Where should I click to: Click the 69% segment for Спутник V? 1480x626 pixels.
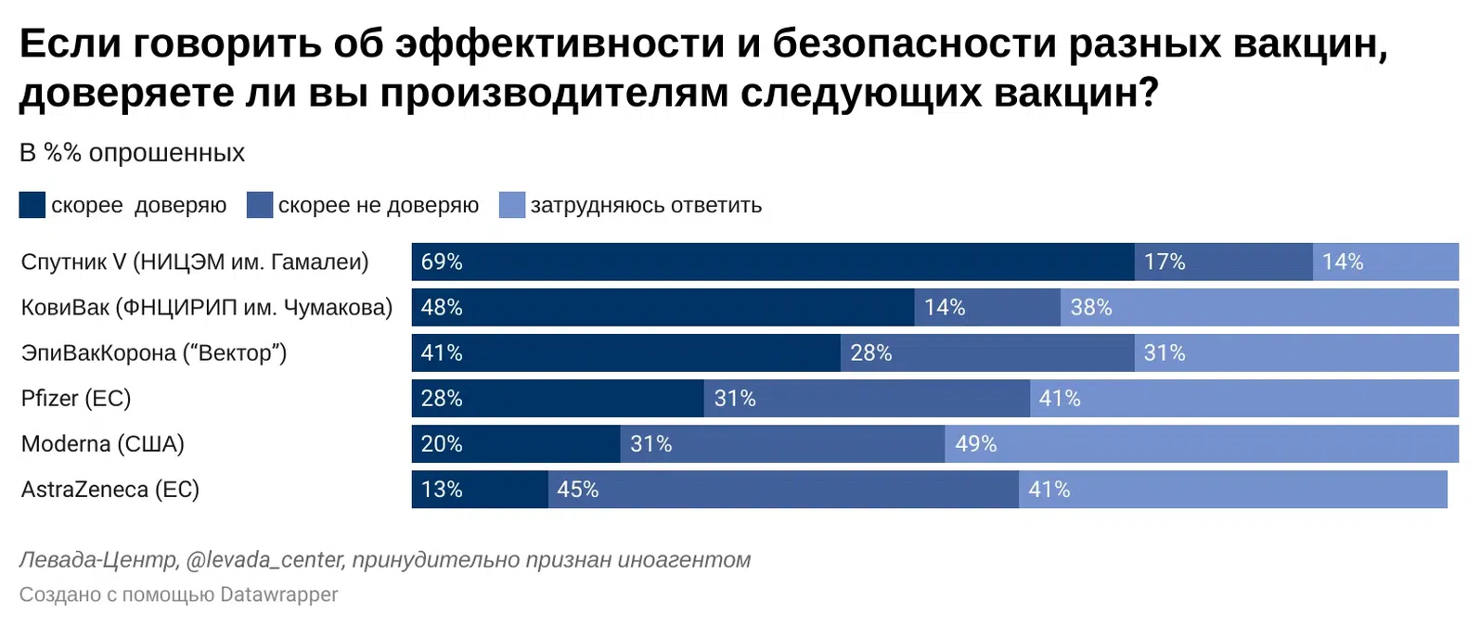coord(772,262)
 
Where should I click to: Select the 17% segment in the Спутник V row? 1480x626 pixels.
coord(1223,262)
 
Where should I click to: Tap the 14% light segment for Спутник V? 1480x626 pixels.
coord(1385,262)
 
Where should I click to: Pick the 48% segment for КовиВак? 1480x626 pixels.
coord(663,307)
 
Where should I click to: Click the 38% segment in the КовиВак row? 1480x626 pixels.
coord(1259,307)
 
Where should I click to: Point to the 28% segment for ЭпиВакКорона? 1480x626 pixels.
coord(987,352)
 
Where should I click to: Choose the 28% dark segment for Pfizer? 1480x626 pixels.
coord(558,398)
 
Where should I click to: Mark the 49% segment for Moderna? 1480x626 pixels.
coord(1202,443)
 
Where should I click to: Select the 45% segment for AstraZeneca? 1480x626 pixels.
coord(783,489)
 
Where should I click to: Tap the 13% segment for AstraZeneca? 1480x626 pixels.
coord(480,489)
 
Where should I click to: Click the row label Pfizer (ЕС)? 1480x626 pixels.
coord(76,398)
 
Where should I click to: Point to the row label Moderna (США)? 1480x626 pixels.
coord(103,443)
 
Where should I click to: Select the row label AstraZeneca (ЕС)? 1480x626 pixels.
coord(110,489)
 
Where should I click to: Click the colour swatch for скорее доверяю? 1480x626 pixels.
coord(32,205)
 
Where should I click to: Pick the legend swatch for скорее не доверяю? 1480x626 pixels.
coord(260,205)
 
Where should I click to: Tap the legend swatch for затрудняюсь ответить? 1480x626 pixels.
coord(512,205)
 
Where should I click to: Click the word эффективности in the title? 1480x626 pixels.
coord(560,44)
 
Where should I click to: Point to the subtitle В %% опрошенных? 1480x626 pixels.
coord(133,153)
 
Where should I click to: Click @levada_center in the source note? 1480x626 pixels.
coord(265,560)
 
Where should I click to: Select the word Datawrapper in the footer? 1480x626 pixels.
coord(279,594)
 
